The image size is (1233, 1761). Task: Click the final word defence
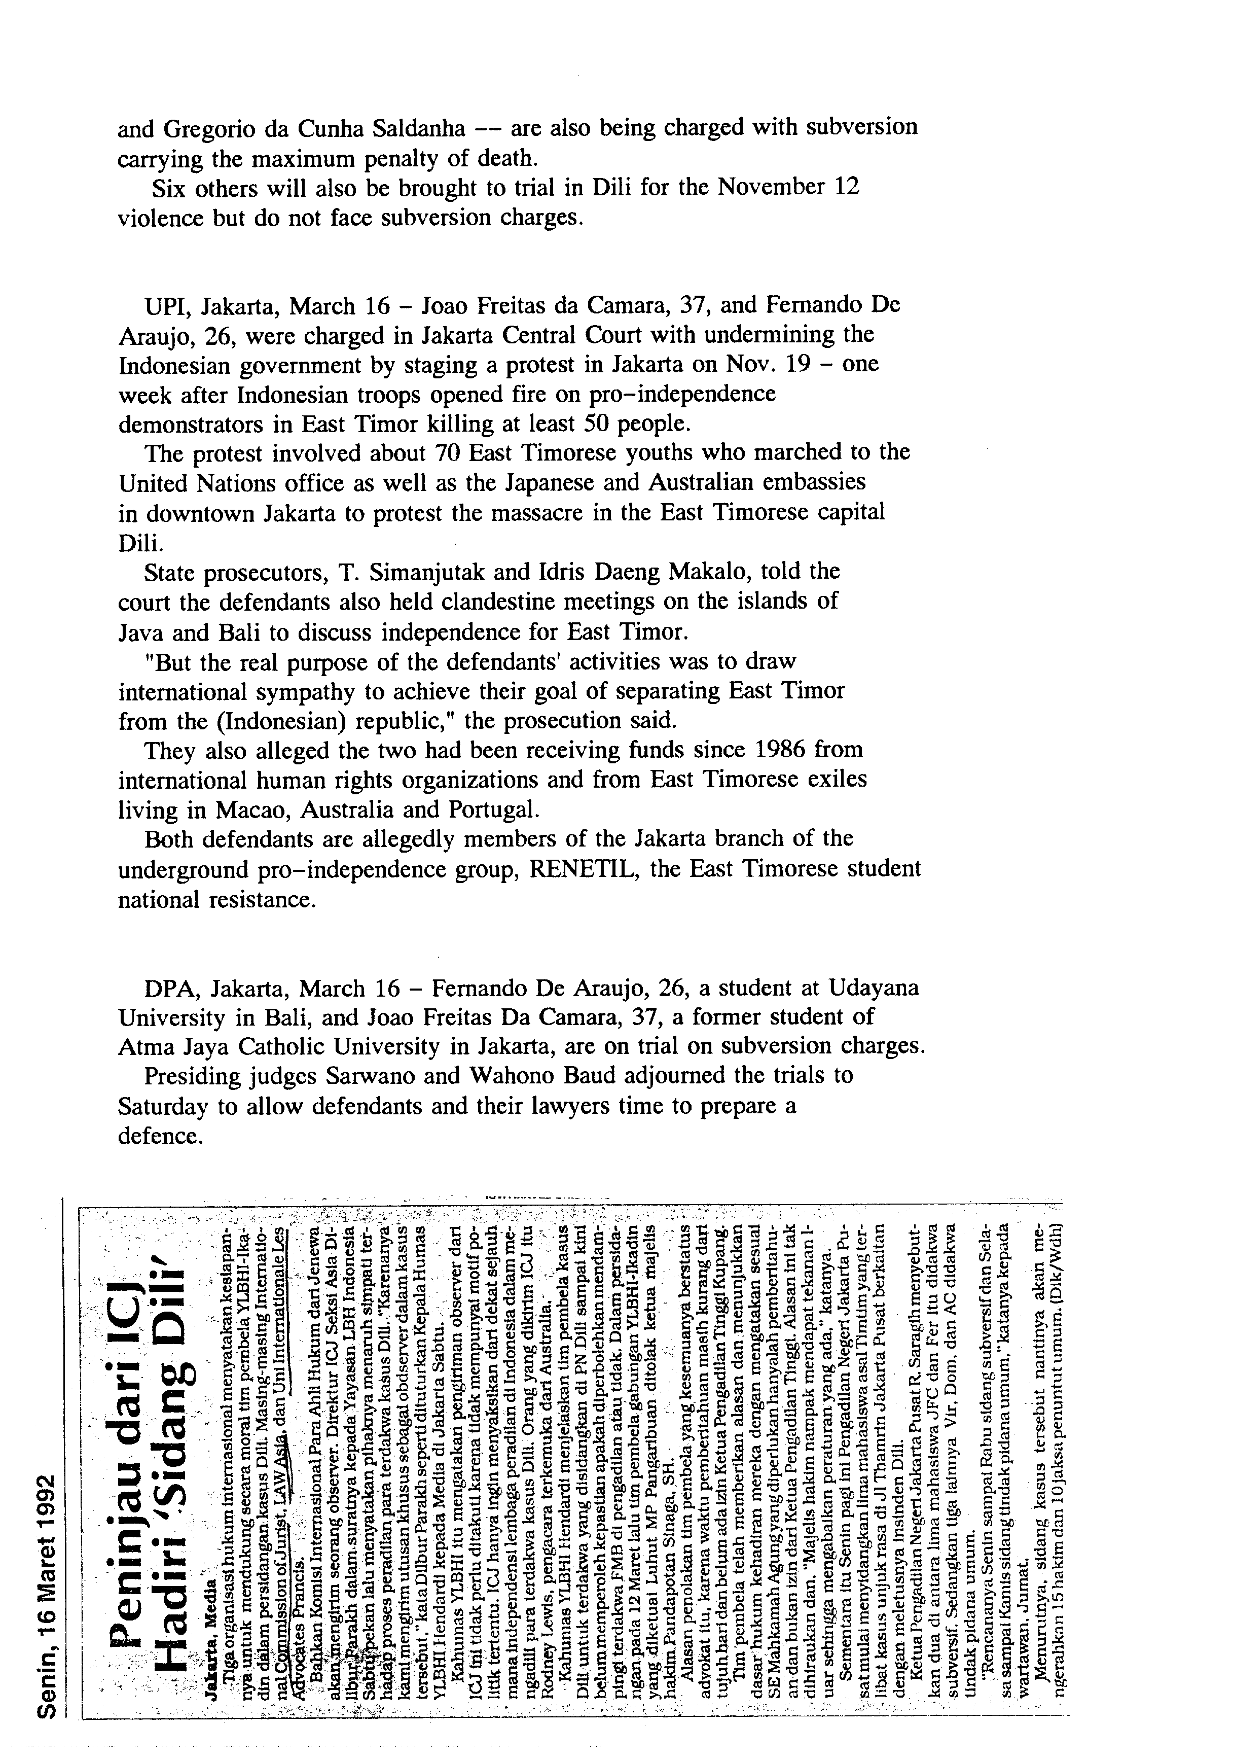pos(160,1136)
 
